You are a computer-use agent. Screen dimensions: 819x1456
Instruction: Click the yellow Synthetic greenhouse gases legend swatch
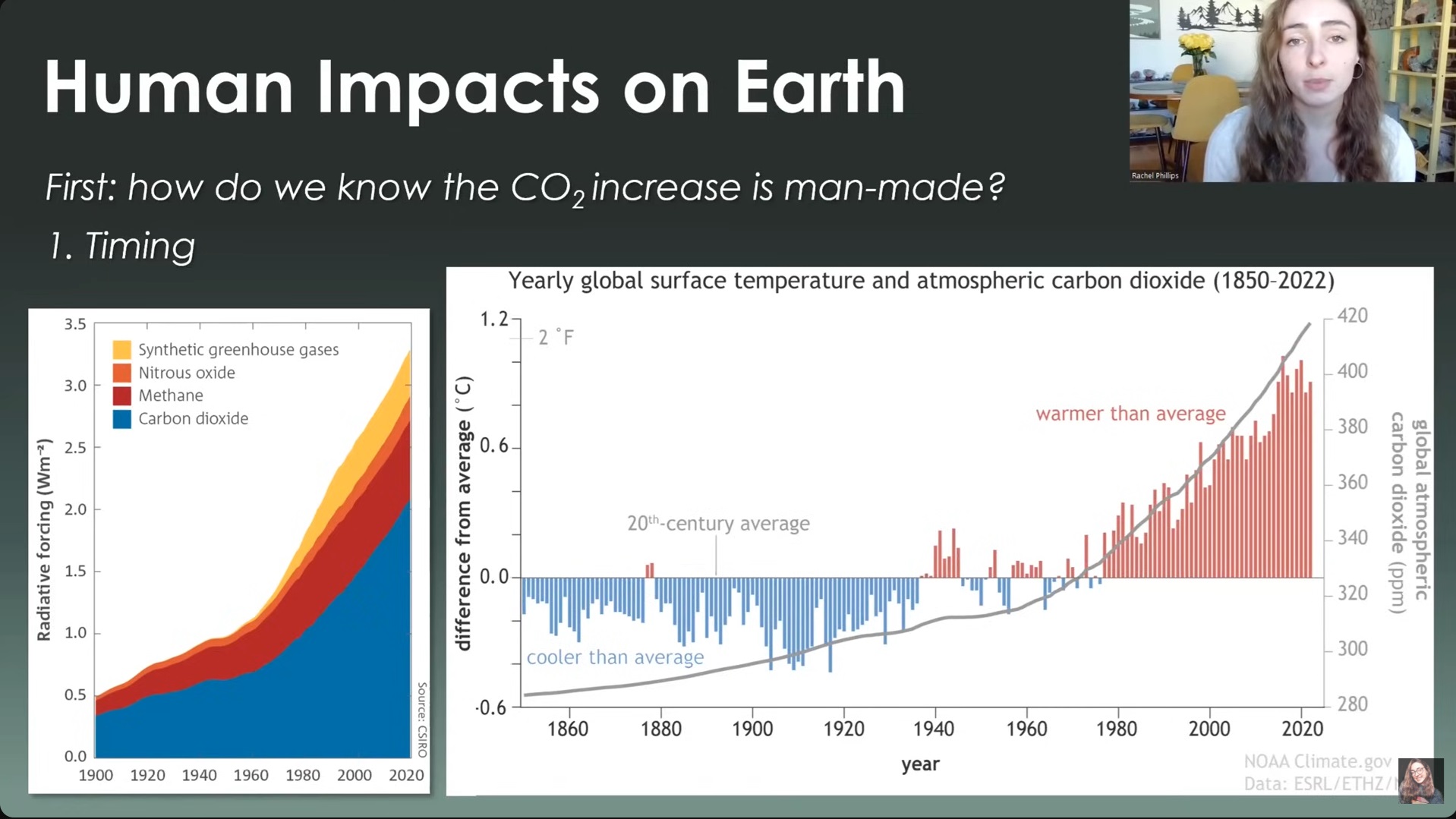pyautogui.click(x=121, y=350)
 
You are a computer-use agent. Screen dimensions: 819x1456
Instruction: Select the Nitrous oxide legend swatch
pyautogui.click(x=121, y=373)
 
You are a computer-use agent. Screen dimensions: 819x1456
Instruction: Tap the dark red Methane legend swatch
pyautogui.click(x=121, y=395)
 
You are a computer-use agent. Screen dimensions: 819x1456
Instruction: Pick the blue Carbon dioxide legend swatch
pyautogui.click(x=121, y=419)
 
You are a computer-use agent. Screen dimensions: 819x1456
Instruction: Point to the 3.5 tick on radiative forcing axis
pyautogui.click(x=75, y=325)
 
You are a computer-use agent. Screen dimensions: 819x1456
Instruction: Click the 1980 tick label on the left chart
pyautogui.click(x=302, y=775)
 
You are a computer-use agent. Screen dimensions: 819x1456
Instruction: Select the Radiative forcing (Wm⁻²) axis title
pyautogui.click(x=44, y=539)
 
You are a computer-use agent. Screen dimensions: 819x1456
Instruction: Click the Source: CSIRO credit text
pyautogui.click(x=422, y=720)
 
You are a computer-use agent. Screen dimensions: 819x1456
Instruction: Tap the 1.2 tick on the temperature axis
pyautogui.click(x=493, y=320)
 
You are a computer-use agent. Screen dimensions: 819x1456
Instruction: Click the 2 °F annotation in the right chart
pyautogui.click(x=556, y=337)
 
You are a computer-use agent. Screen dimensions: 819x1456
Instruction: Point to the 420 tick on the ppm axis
pyautogui.click(x=1352, y=316)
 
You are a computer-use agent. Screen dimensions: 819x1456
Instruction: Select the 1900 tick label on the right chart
pyautogui.click(x=752, y=729)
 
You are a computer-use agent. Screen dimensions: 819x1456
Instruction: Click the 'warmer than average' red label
pyautogui.click(x=1130, y=414)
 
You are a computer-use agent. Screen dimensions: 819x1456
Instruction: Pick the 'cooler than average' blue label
pyautogui.click(x=615, y=657)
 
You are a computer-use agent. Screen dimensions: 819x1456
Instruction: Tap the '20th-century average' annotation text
pyautogui.click(x=718, y=524)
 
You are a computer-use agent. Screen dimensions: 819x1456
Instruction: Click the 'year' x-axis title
pyautogui.click(x=920, y=764)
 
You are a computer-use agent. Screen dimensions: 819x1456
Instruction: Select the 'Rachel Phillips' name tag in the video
pyautogui.click(x=1155, y=175)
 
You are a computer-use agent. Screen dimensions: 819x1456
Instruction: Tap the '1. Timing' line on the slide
pyautogui.click(x=121, y=246)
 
